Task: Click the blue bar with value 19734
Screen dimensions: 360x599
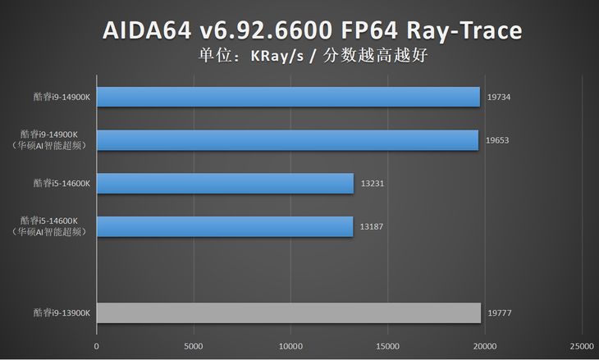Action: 288,97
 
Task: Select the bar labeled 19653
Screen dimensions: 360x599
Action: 287,140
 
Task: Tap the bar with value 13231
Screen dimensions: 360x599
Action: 225,184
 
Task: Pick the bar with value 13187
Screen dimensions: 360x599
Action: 225,226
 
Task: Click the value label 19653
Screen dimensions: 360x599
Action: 497,140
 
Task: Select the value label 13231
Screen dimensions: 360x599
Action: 372,184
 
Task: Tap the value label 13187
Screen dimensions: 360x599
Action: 372,226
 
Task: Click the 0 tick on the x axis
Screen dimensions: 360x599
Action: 97,346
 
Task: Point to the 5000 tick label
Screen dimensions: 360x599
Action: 194,346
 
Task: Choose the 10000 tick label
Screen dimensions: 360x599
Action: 290,346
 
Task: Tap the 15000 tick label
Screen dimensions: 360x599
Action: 387,346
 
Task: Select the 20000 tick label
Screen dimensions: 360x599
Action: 485,346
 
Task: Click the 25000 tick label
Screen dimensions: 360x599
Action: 582,346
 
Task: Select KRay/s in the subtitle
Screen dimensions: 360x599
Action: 283,57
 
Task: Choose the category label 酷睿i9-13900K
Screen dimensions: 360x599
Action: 62,312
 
